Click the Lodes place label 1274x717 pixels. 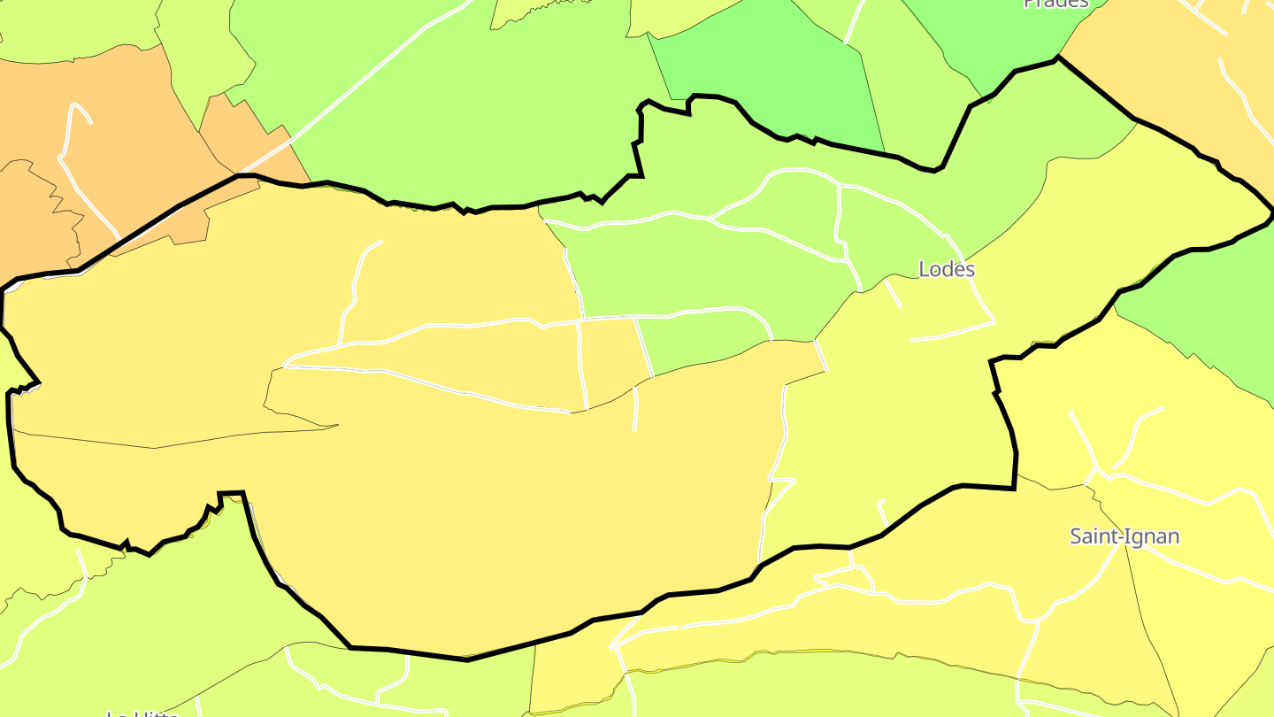(947, 269)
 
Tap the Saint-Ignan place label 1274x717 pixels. (1124, 536)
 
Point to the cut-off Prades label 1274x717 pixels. (1055, 4)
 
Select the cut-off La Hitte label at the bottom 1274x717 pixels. (142, 713)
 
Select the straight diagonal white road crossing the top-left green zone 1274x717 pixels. (372, 80)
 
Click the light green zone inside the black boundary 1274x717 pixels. (708, 266)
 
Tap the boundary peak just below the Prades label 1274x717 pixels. (1056, 59)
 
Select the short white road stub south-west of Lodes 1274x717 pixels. (892, 292)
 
